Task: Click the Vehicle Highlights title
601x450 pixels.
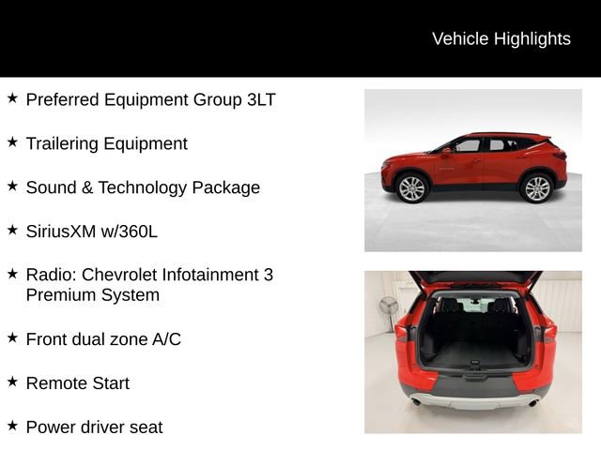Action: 501,38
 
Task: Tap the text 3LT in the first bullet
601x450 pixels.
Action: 259,99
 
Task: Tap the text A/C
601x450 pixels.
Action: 165,339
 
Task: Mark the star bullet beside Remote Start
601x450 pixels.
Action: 12,382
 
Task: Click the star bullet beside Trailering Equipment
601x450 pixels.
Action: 12,142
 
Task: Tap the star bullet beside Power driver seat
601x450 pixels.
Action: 12,426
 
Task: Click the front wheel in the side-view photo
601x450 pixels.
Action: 411,188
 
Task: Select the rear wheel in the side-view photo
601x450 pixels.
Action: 537,187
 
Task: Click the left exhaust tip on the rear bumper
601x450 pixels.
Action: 415,401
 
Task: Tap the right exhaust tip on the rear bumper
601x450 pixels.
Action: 533,402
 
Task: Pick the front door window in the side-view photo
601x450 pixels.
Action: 467,146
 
